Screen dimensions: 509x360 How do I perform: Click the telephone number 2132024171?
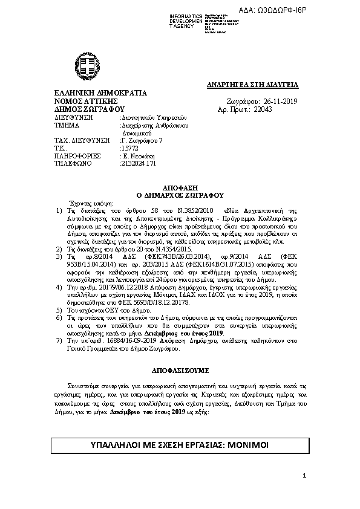[x=139, y=163]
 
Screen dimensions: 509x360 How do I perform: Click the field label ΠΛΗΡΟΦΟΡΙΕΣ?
[x=77, y=155]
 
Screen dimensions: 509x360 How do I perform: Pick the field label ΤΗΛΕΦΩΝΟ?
[x=71, y=163]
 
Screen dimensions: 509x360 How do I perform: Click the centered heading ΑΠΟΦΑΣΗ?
[x=181, y=188]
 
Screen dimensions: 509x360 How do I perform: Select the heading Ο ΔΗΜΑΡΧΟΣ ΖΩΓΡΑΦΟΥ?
[x=181, y=195]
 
